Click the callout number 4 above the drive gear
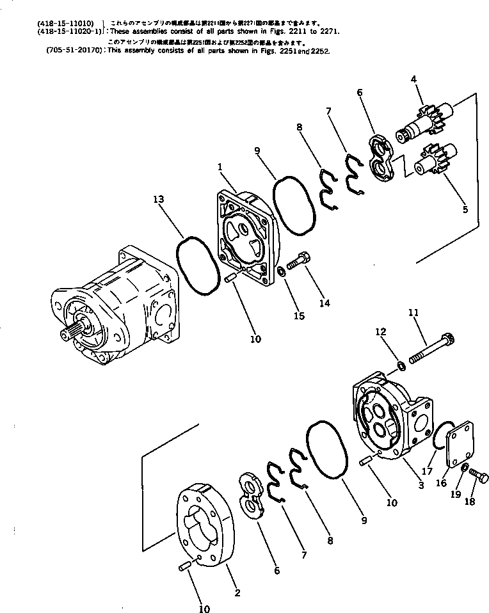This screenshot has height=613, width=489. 414,79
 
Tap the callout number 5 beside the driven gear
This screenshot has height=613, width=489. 465,209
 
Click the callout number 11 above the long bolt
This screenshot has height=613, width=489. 413,313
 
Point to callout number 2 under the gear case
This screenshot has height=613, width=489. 237,593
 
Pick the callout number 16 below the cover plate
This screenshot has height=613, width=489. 441,483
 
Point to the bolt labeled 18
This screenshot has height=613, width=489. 477,475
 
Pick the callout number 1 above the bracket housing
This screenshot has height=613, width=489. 220,166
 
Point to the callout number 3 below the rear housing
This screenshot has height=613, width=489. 421,485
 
